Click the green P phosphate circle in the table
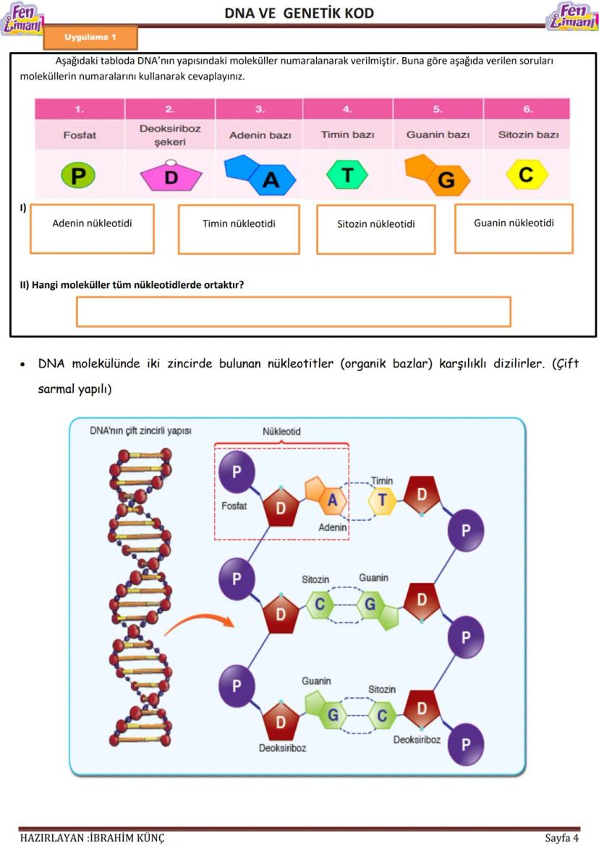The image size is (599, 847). [79, 175]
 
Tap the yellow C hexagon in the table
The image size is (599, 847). [527, 174]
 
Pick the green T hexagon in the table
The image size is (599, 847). [347, 174]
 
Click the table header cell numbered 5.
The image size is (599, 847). [438, 109]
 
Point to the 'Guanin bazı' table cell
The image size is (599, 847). [438, 135]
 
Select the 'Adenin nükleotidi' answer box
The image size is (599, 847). [92, 229]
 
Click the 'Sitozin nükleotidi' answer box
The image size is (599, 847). [375, 229]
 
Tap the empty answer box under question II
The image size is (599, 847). [293, 312]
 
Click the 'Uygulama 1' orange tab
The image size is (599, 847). [90, 36]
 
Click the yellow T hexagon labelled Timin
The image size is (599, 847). [382, 501]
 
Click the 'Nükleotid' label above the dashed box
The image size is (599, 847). [281, 432]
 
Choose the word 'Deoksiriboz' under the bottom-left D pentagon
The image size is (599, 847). [282, 748]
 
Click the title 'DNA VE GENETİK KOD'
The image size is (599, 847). [299, 13]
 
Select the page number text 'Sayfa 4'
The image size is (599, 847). [561, 838]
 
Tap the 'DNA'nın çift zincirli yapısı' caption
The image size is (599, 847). [140, 430]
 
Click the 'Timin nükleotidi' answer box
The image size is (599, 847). [239, 229]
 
